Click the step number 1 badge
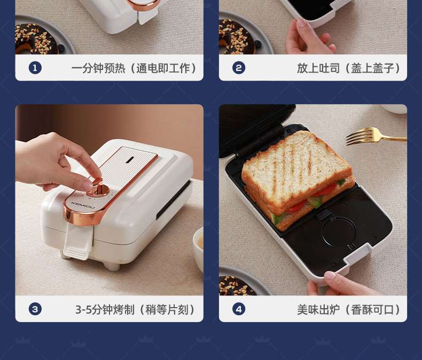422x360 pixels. (x=35, y=68)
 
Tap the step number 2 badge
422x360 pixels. (x=239, y=68)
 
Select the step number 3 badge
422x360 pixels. (x=35, y=309)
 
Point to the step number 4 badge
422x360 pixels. (x=239, y=309)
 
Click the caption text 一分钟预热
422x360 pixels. (x=98, y=68)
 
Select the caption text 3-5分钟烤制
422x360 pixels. (x=105, y=310)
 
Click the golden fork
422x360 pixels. (x=374, y=136)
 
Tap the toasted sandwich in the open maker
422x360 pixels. (x=298, y=179)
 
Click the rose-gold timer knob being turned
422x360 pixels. (x=98, y=189)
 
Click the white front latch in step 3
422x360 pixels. (x=77, y=242)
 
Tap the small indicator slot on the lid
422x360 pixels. (x=130, y=160)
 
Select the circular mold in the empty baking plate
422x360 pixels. (x=339, y=231)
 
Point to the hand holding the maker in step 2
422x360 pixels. (x=309, y=37)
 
